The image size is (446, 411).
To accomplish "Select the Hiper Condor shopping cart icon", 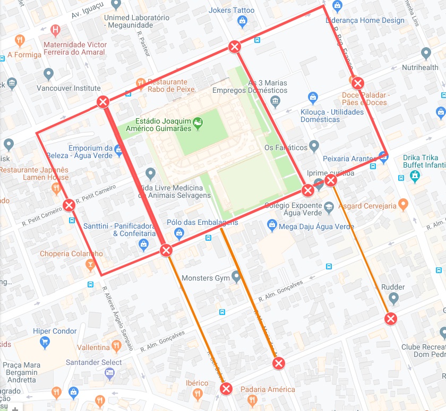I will pos(45,343).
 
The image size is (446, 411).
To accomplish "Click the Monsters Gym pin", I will pos(236,277).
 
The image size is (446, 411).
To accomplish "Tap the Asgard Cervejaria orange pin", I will pos(403,204).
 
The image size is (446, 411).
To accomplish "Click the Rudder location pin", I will pos(393,299).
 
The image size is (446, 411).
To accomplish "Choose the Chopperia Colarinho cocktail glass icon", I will pos(91,264).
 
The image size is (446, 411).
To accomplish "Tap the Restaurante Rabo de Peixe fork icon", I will pos(141,83).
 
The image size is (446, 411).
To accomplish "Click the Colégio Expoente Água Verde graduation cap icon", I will pos(329,206).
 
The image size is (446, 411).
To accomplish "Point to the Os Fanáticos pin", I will pos(314,145).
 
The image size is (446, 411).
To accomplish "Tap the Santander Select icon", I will pos(110,373).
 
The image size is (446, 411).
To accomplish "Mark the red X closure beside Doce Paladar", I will pos(358,83).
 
